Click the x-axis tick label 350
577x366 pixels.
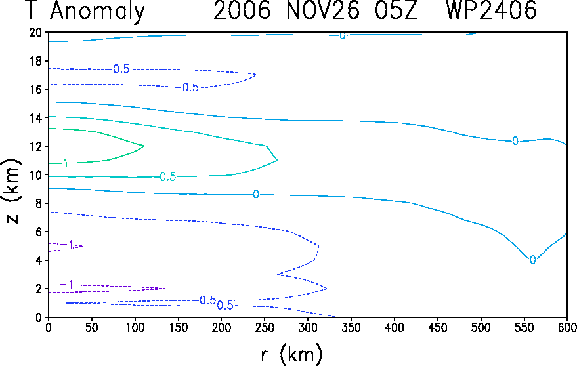pyautogui.click(x=351, y=327)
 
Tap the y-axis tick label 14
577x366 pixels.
pyautogui.click(x=35, y=118)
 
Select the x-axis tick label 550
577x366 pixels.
pyautogui.click(x=524, y=327)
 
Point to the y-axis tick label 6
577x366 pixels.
pyautogui.click(x=39, y=232)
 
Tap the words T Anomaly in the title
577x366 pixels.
pyautogui.click(x=86, y=11)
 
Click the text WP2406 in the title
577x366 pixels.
pyautogui.click(x=491, y=10)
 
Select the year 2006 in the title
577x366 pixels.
pyautogui.click(x=242, y=10)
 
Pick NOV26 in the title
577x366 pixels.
pyautogui.click(x=323, y=10)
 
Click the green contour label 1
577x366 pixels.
pyautogui.click(x=66, y=163)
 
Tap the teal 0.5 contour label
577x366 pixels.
pyautogui.click(x=168, y=177)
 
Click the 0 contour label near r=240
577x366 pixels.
pyautogui.click(x=256, y=194)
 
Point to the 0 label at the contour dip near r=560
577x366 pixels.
pyautogui.click(x=532, y=260)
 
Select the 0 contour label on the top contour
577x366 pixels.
pyautogui.click(x=343, y=35)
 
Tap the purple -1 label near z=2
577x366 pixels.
pyautogui.click(x=68, y=285)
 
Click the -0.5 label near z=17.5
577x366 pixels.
pyautogui.click(x=121, y=69)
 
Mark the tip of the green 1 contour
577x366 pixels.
pyautogui.click(x=143, y=146)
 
